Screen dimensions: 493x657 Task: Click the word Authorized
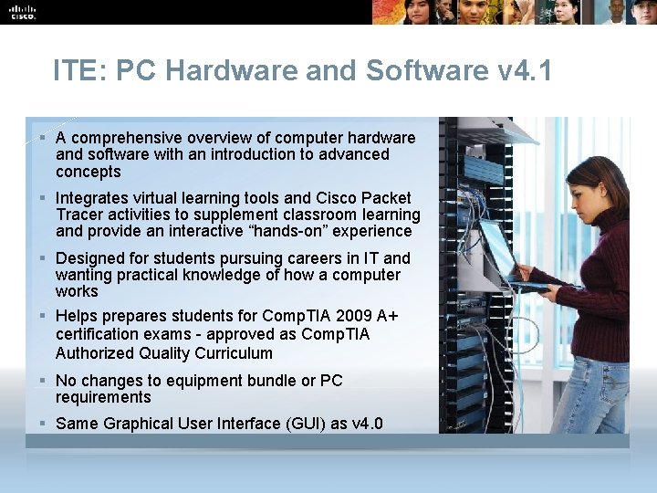pyautogui.click(x=96, y=353)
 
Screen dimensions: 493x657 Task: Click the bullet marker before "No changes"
pyautogui.click(x=43, y=380)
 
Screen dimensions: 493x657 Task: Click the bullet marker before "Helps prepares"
pyautogui.click(x=43, y=316)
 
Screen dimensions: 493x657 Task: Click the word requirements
pyautogui.click(x=103, y=397)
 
